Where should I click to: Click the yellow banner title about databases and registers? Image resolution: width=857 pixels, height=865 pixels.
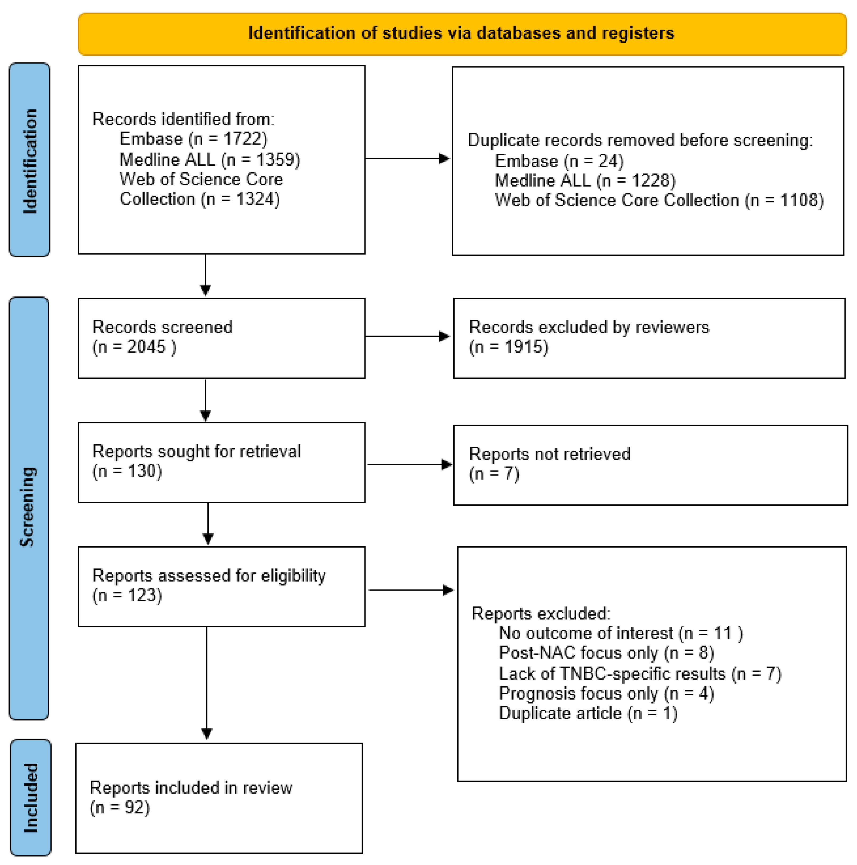coord(461,33)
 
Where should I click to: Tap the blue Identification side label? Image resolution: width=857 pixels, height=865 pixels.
coord(30,160)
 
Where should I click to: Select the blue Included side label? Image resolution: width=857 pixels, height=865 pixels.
coord(30,798)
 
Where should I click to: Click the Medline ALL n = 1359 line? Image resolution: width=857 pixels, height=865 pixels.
coord(209,160)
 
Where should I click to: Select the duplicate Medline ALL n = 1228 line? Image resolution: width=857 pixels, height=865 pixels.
coord(585,180)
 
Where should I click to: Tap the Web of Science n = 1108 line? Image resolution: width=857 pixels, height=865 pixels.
coord(659,200)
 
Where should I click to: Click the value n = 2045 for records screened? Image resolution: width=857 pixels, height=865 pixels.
coord(134,347)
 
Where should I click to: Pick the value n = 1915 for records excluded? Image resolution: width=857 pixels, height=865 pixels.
coord(509,347)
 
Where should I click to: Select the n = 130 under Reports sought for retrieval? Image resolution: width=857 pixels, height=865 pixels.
coord(127,471)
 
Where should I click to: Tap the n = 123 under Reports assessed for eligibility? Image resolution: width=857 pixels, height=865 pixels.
coord(127,595)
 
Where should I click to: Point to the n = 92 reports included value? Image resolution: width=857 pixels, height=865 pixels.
coord(120,808)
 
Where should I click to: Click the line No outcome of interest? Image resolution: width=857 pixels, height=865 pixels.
coord(621,633)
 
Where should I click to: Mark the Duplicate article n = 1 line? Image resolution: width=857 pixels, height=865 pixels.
coord(588,713)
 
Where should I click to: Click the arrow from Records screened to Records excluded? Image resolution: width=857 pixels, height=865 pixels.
coord(407,336)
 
